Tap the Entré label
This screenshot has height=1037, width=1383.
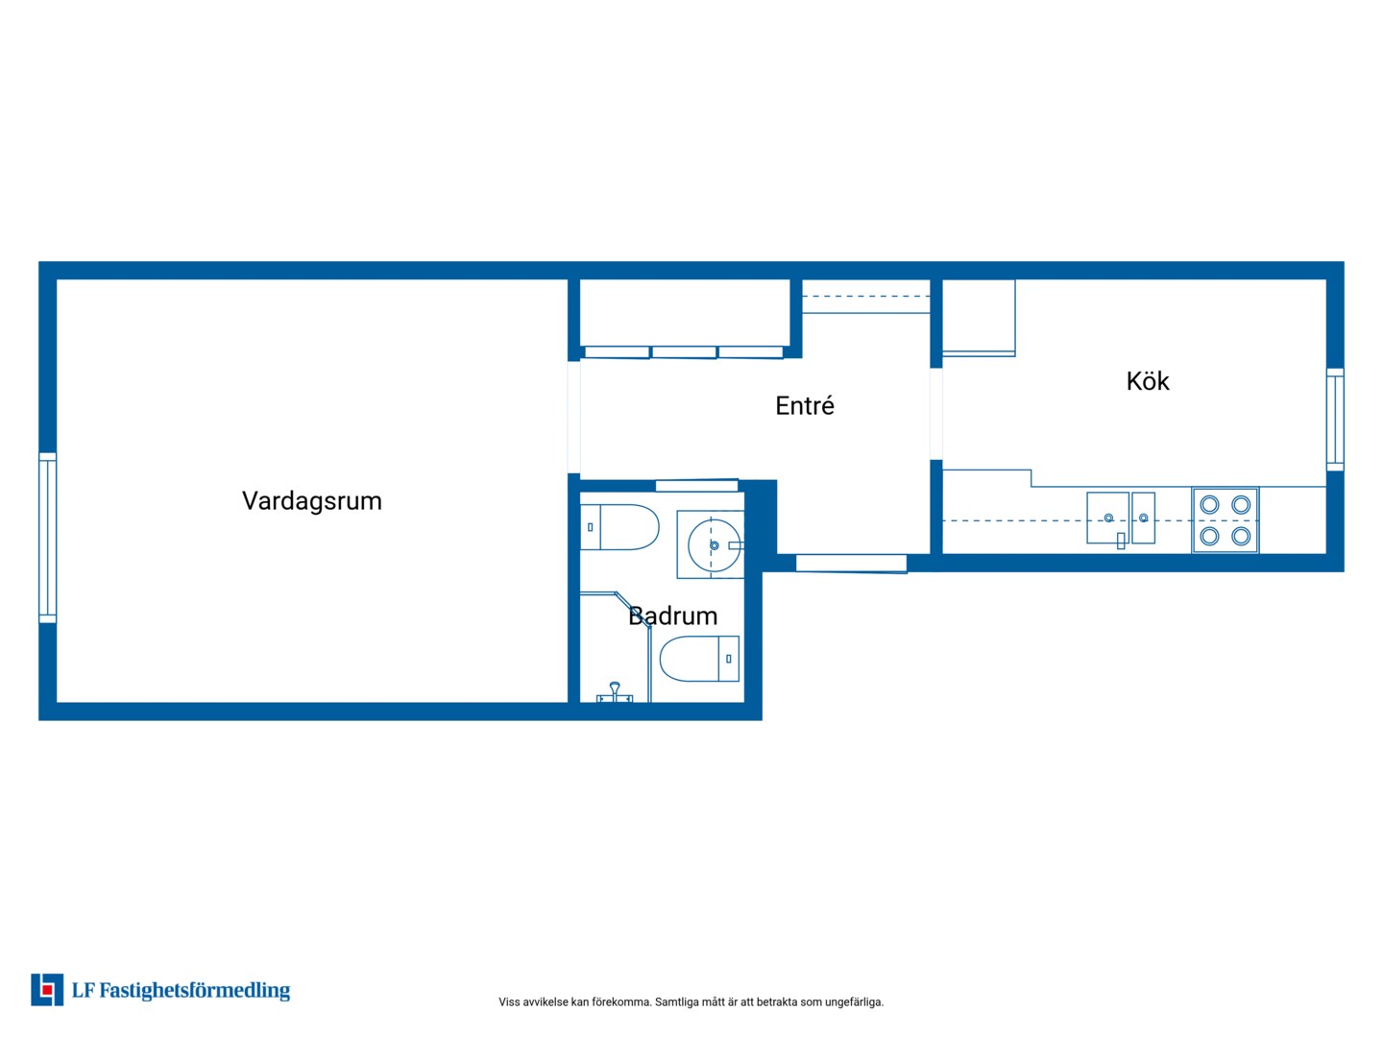[805, 406]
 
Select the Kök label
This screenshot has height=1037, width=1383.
[1148, 381]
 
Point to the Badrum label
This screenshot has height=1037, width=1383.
[673, 615]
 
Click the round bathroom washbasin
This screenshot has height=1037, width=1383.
[714, 545]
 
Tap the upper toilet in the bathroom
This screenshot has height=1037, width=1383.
[619, 527]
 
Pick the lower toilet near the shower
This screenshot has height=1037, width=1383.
[699, 659]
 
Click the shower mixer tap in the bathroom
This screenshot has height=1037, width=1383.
[615, 692]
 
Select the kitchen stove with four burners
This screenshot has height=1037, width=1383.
[1225, 520]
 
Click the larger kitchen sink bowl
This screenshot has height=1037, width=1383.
[1107, 518]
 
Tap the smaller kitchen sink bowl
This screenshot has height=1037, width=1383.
[1143, 518]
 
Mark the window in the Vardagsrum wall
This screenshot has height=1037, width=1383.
[48, 539]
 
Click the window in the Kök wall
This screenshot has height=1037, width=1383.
[1334, 420]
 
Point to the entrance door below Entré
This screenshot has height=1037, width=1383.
[851, 564]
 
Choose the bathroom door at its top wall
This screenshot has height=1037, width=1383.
[697, 486]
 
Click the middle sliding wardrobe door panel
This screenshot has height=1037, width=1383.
[684, 352]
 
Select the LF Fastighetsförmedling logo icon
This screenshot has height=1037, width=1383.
[47, 990]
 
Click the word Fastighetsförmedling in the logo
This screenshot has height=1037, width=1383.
[195, 990]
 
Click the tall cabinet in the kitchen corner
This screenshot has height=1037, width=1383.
[979, 317]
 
